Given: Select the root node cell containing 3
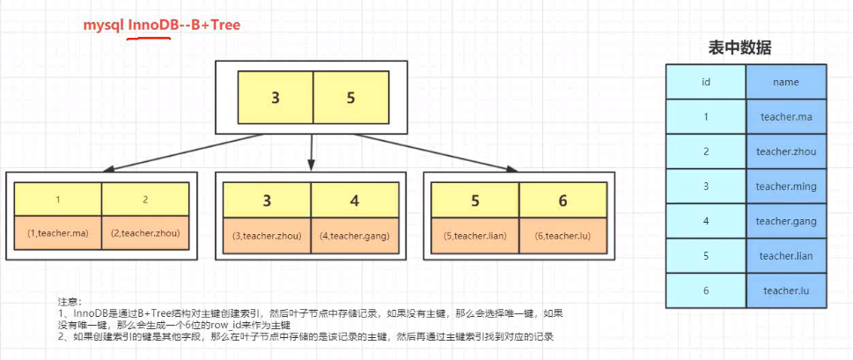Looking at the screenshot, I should [x=276, y=98].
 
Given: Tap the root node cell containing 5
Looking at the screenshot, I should [x=350, y=98].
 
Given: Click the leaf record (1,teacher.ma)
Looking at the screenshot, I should [x=58, y=234].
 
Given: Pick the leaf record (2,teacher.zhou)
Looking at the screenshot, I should [x=145, y=234].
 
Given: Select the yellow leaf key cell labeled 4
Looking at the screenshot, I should [x=354, y=201].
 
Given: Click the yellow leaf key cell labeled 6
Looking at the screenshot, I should [x=562, y=201].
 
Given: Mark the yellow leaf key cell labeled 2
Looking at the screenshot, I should [x=145, y=200].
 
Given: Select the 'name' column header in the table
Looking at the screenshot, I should [x=785, y=82].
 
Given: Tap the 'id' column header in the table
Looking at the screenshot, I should [x=706, y=82].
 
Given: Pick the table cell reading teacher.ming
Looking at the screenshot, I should [x=785, y=187].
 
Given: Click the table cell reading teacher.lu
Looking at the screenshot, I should [x=785, y=290].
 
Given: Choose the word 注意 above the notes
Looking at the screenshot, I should [x=68, y=301].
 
